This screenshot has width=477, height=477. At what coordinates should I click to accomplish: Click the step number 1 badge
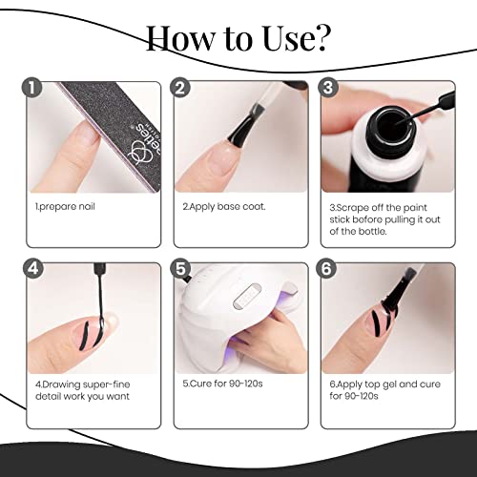point(34,89)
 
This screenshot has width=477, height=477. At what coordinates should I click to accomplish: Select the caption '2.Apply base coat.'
point(220,205)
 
